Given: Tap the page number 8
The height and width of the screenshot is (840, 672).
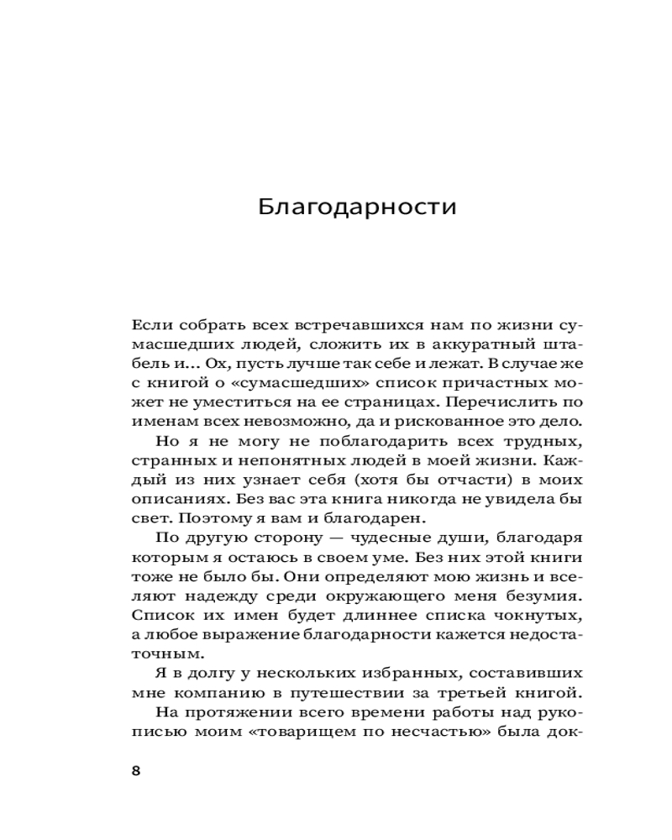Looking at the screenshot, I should pos(136,772).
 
